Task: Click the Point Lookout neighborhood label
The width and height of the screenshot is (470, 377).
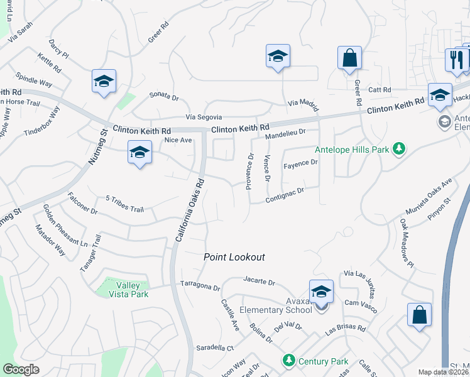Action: click(x=234, y=257)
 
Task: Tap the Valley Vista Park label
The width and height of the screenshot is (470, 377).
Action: click(x=122, y=289)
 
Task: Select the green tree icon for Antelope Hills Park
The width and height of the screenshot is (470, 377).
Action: click(x=398, y=149)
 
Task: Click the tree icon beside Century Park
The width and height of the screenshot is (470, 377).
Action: click(x=288, y=361)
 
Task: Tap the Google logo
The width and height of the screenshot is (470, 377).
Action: click(x=21, y=369)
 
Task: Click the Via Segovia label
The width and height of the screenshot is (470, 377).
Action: click(x=204, y=117)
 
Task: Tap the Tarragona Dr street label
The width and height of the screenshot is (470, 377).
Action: click(x=200, y=286)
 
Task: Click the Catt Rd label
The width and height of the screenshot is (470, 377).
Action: click(x=380, y=90)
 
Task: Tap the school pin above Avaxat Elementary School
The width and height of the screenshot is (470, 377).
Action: click(x=321, y=292)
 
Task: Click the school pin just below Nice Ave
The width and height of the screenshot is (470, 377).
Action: click(x=139, y=153)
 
